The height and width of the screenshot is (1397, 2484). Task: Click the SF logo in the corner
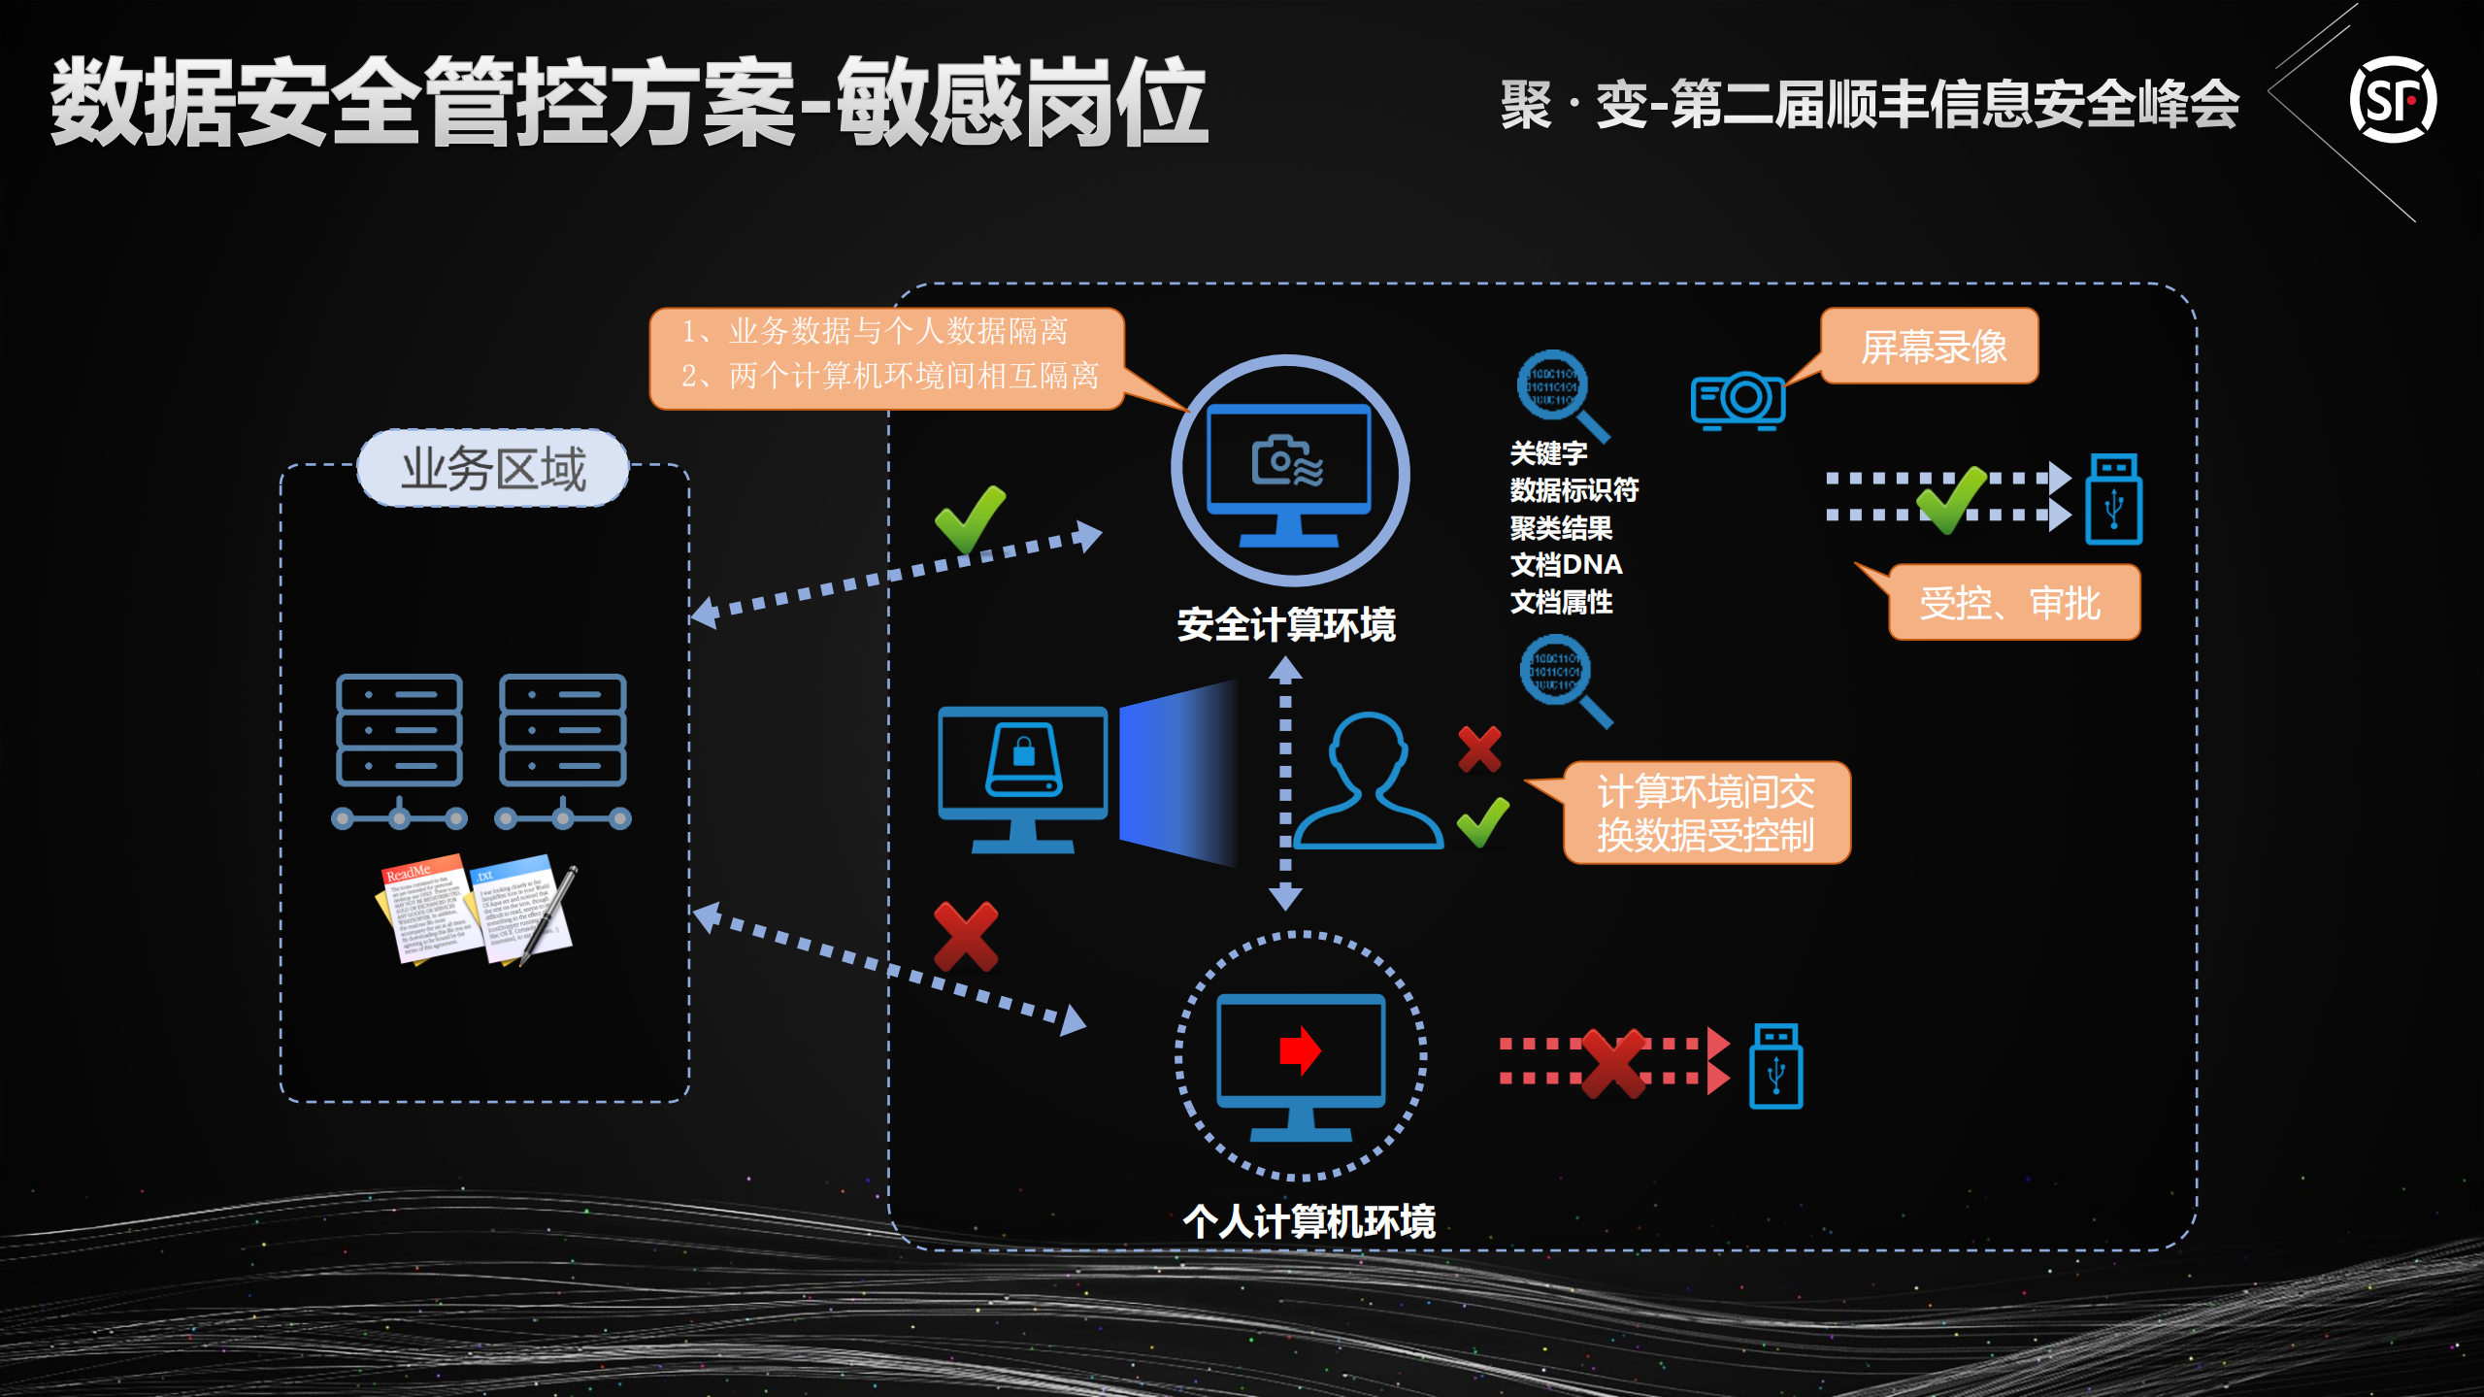point(2392,100)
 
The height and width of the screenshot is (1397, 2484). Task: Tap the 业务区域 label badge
point(493,469)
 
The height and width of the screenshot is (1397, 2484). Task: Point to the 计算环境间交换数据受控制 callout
point(1706,814)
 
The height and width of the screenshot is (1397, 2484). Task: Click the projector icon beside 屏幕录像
point(1739,399)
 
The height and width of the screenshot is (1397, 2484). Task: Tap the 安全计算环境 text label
point(1285,624)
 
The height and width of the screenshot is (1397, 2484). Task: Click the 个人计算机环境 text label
point(1308,1221)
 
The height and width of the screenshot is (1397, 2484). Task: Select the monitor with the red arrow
point(1301,1064)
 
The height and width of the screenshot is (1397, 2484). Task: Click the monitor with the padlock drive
point(1023,778)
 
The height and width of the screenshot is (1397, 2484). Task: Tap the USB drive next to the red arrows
point(1775,1066)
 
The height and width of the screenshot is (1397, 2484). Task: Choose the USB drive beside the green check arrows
point(2113,499)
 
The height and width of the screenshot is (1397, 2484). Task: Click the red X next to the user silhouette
point(1479,748)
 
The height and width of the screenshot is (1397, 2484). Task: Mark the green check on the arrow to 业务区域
point(970,517)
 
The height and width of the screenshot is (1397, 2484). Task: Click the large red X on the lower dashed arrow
point(966,936)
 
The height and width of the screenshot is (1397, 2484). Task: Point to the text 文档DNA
point(1565,564)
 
